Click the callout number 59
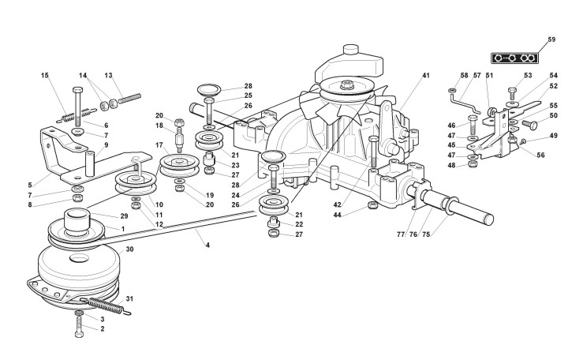click(551, 39)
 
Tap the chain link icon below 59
click(514, 58)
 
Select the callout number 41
click(425, 76)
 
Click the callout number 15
click(45, 76)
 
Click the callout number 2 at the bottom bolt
click(102, 328)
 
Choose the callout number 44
click(337, 215)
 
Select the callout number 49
click(552, 136)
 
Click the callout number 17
click(158, 145)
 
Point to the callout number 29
click(125, 216)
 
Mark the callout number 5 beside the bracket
click(29, 186)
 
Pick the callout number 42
click(337, 204)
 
